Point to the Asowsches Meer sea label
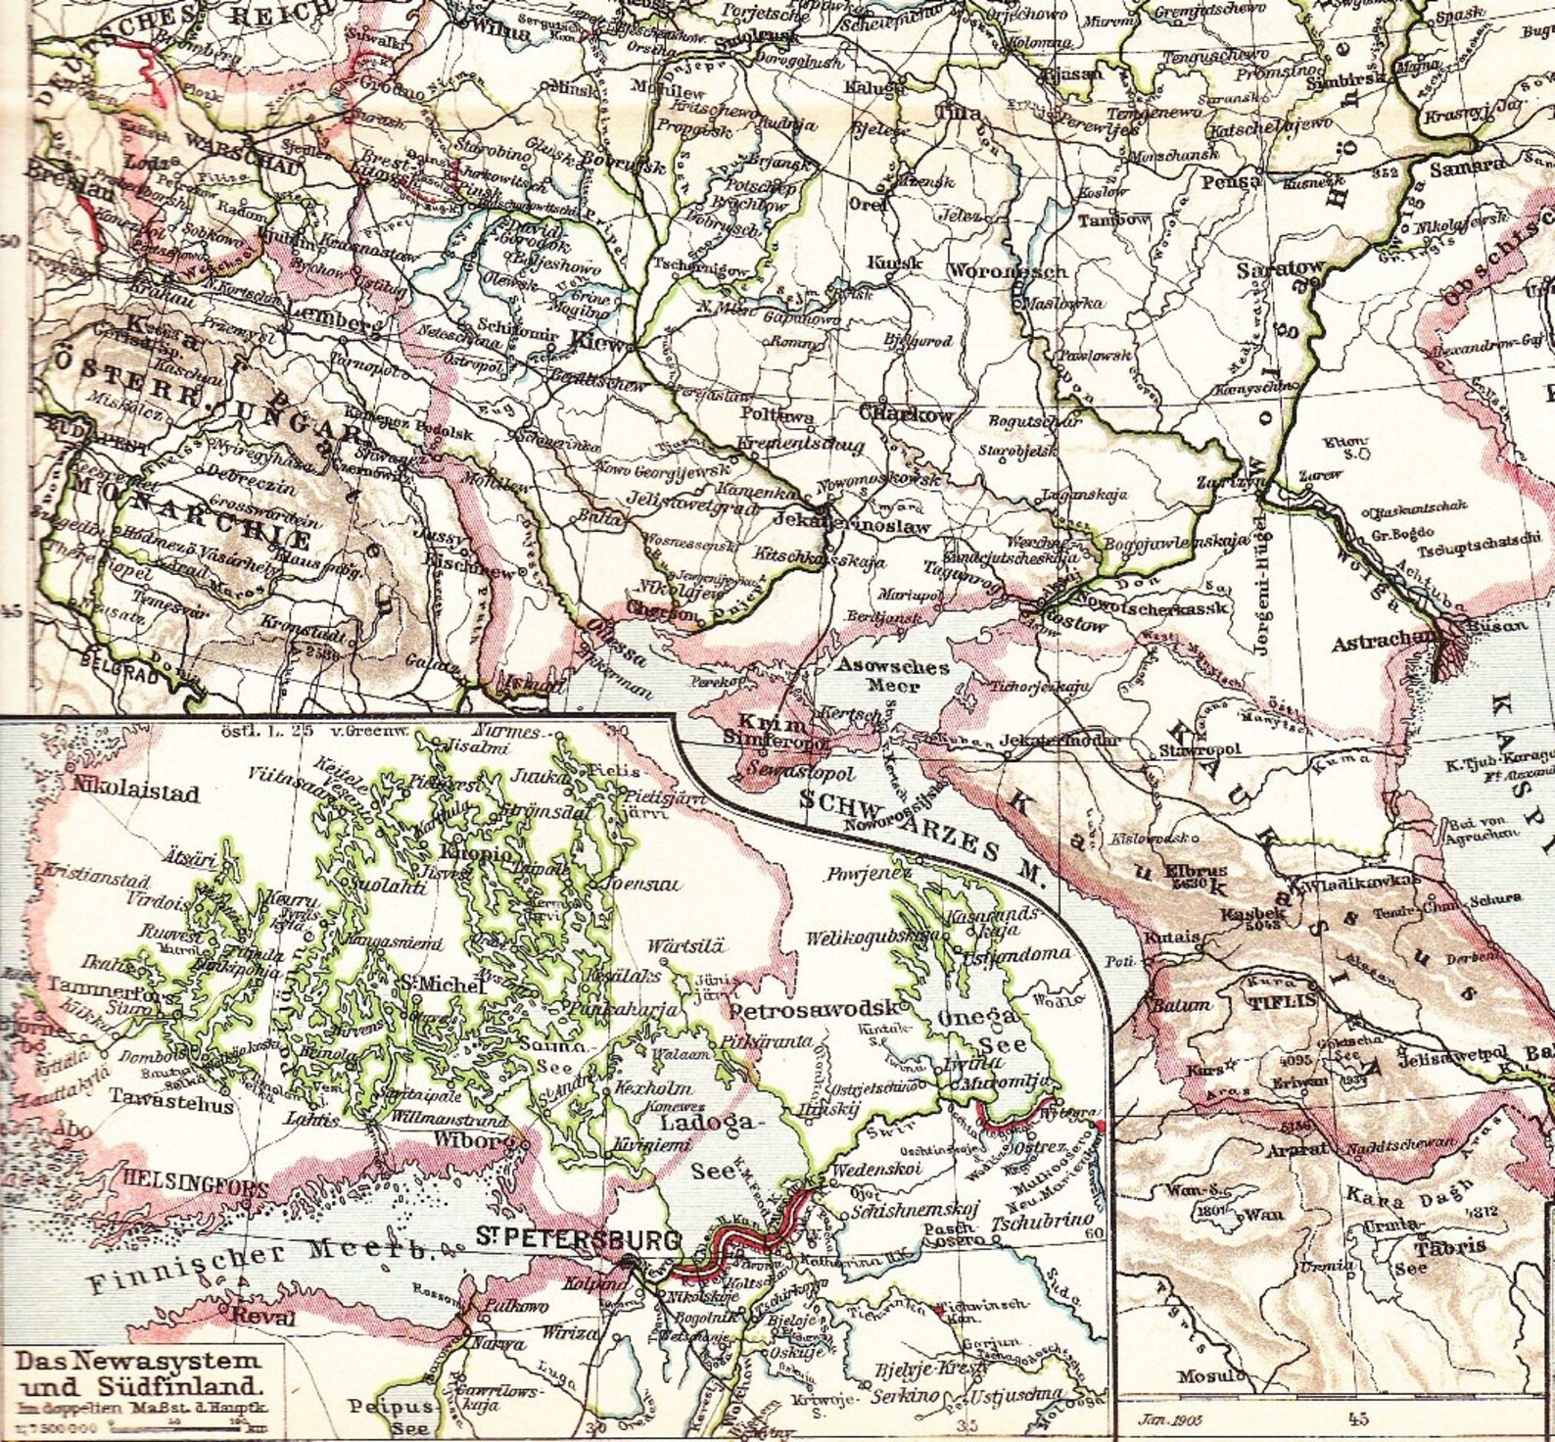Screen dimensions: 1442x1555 pos(891,676)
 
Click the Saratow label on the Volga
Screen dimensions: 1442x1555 pos(1279,266)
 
